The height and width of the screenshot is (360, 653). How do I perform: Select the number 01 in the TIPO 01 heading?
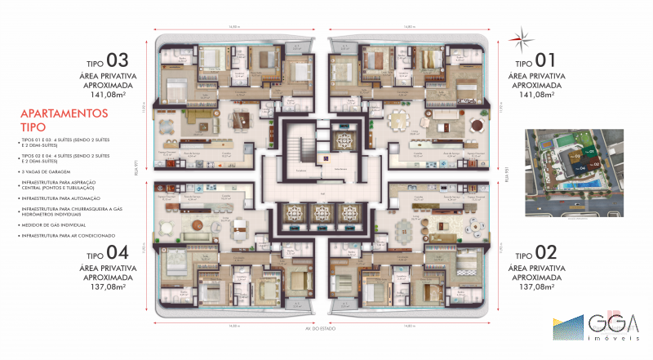pyautogui.click(x=545, y=61)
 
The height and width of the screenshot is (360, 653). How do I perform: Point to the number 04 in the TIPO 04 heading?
pyautogui.click(x=118, y=252)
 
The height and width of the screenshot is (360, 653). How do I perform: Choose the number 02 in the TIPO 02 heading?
pyautogui.click(x=545, y=252)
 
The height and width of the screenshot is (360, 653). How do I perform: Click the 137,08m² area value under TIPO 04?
pyautogui.click(x=107, y=287)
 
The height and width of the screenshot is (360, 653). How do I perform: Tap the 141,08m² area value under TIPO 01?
pyautogui.click(x=536, y=94)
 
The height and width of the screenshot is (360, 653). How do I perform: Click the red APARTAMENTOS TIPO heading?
pyautogui.click(x=64, y=121)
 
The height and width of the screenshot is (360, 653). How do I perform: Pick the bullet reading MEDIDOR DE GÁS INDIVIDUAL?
pyautogui.click(x=57, y=224)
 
